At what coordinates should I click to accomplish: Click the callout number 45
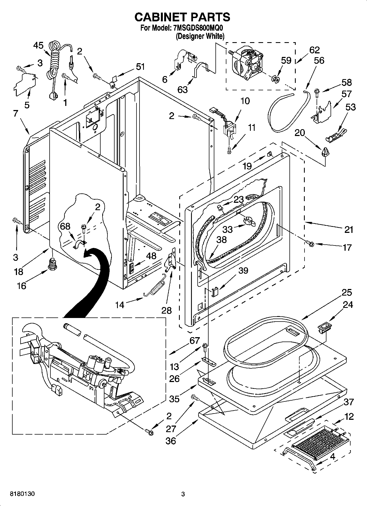point(38,45)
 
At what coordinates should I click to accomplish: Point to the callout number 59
point(286,60)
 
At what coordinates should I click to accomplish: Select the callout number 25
point(347,293)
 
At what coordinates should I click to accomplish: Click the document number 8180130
point(22,494)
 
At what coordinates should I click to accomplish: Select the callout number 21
point(349,229)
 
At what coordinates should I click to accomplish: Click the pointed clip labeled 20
point(325,151)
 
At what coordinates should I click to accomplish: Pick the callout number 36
point(171,441)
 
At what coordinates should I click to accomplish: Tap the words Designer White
point(200,36)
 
